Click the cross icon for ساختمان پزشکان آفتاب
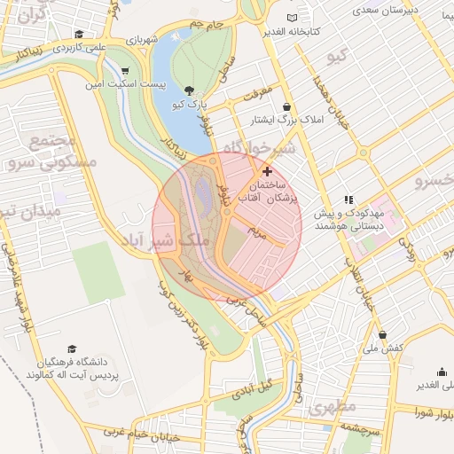point(267,170)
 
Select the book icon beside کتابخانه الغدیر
point(294,19)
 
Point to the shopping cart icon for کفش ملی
point(382,335)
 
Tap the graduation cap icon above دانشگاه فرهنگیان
point(71,348)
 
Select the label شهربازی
point(140,41)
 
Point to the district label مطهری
point(333,406)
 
